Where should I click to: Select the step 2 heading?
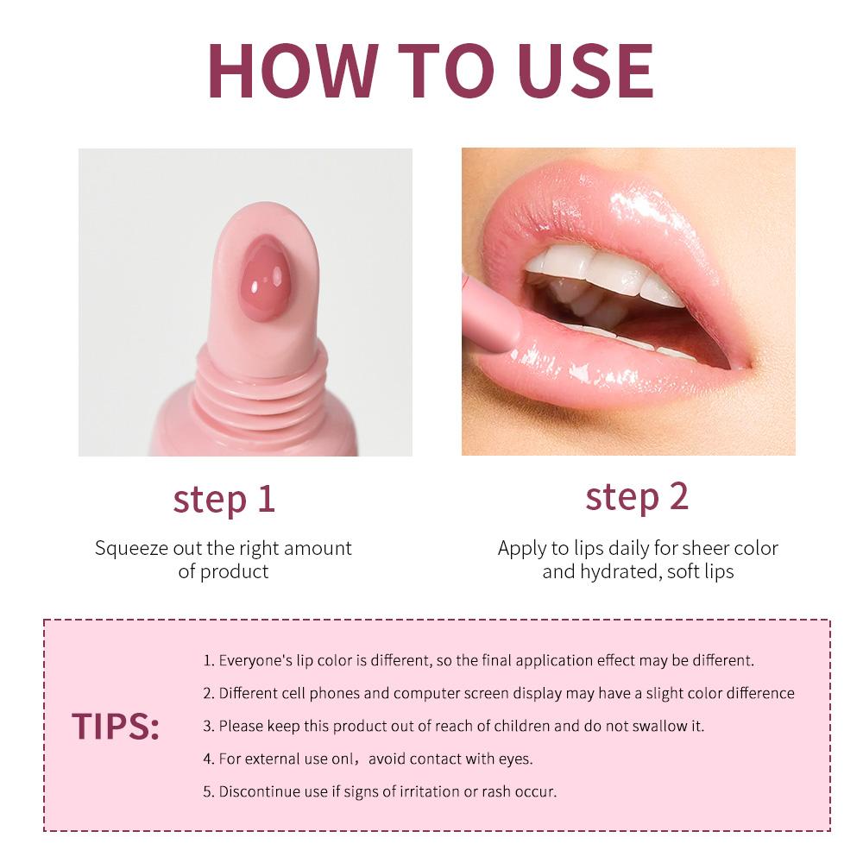pos(637,496)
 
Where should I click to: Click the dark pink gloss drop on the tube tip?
pos(264,279)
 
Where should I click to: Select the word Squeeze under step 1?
pos(131,548)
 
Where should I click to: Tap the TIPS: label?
pos(116,727)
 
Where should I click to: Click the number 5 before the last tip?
pos(207,791)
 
